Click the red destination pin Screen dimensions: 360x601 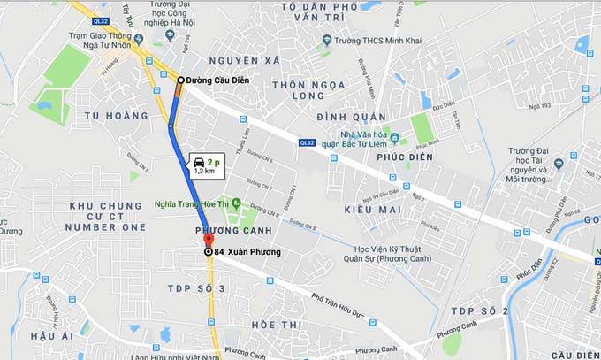point(209,240)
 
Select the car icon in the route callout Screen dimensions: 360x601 point(200,162)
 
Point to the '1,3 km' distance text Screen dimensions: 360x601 point(204,171)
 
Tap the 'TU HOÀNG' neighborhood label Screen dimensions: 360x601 point(116,116)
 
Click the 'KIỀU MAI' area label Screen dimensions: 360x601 point(372,209)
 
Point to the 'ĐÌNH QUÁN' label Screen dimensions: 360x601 point(353,117)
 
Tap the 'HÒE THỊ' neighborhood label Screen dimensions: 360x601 point(276,326)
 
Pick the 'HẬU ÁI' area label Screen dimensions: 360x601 point(51,336)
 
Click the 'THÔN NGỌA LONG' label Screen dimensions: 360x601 point(280,89)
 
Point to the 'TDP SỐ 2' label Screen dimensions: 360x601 point(479,311)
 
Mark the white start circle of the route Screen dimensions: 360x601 point(180,80)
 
